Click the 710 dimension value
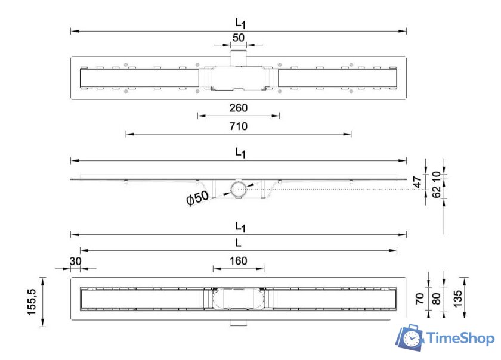coord(238,126)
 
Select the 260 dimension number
coord(238,108)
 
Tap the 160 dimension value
coord(238,260)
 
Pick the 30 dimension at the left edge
coord(75,260)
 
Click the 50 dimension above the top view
coord(239,37)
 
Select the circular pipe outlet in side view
coord(239,190)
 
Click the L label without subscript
coord(238,243)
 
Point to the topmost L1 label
coord(240,23)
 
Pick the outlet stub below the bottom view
coord(239,325)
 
